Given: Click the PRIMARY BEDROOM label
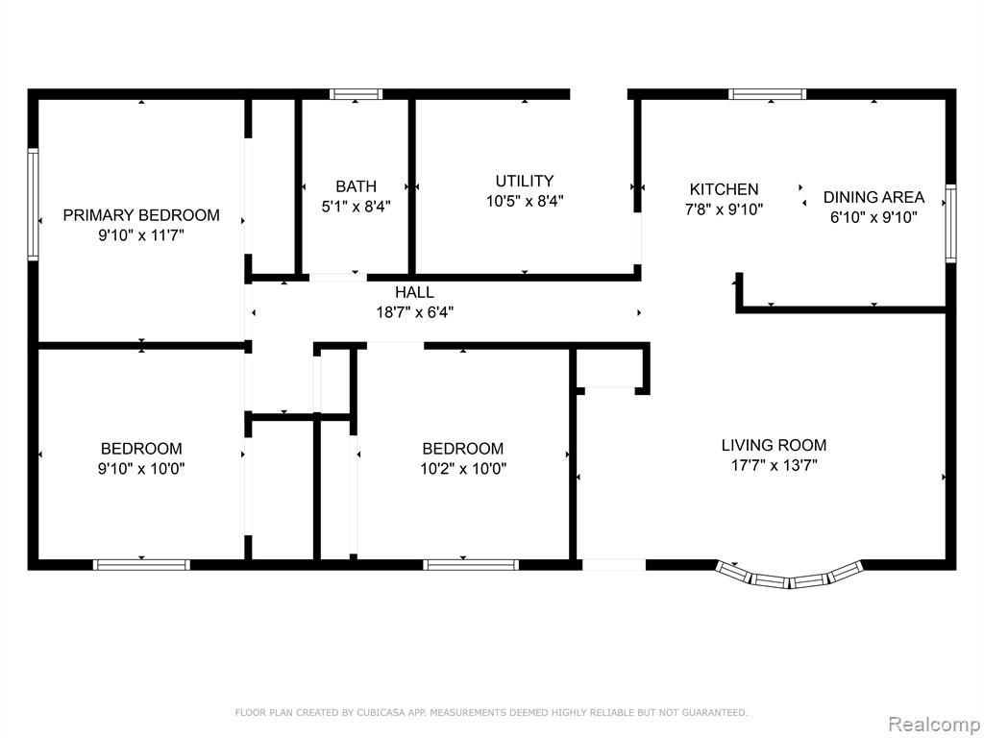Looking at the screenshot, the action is [141, 215].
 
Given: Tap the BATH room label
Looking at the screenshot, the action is [356, 186].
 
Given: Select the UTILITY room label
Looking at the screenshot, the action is [525, 181].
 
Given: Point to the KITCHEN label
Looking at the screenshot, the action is [724, 189].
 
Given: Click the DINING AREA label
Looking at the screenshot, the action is [873, 197].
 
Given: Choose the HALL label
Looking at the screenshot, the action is [414, 292].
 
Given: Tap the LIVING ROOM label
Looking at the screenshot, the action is [774, 445].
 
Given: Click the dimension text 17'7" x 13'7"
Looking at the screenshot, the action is [774, 465].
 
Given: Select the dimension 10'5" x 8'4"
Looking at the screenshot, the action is [525, 201].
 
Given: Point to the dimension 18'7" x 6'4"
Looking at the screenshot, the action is [414, 312].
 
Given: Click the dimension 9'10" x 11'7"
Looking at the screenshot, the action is [141, 235].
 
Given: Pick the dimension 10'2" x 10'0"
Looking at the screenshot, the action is [463, 468].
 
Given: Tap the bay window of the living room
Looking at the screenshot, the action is [790, 577].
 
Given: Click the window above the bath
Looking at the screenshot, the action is [357, 94].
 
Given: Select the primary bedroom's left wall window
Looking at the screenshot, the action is [33, 204].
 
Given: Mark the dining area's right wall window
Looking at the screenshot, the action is [950, 223].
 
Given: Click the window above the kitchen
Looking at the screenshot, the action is [768, 94].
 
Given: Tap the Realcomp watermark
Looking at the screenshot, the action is [932, 725].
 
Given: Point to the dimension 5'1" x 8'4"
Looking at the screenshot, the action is [356, 207].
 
